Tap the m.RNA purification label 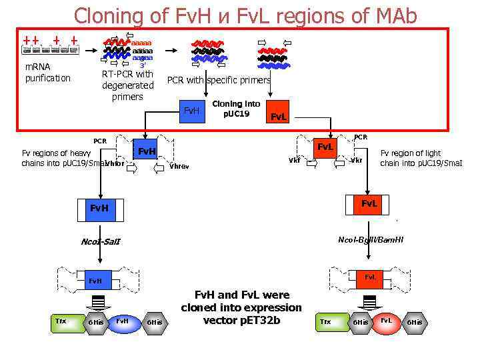[47, 73]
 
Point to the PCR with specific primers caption [219, 80]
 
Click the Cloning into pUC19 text [236, 109]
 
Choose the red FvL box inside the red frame [277, 115]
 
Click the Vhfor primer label [114, 163]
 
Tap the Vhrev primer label [179, 166]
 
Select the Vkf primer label [294, 160]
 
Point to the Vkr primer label [357, 160]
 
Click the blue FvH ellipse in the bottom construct [123, 321]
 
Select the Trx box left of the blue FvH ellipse [61, 322]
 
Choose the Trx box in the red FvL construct [326, 322]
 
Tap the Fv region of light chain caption [421, 158]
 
